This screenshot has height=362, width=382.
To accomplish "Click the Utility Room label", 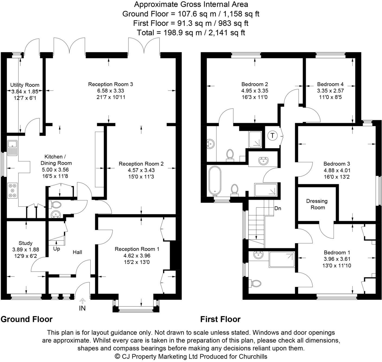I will [x=25, y=85].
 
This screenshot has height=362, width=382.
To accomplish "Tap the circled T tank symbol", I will [x=272, y=135].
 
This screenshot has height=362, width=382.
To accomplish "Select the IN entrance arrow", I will [x=82, y=301].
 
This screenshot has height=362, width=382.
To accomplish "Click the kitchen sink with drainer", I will [x=12, y=148].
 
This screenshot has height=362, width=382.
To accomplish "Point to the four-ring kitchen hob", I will [x=12, y=191].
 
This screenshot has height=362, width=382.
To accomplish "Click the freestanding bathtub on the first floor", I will [x=215, y=181].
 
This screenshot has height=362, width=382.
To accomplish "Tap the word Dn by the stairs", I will [x=278, y=208].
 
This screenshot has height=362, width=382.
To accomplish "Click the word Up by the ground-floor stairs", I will [x=56, y=249].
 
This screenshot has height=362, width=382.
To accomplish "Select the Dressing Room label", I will [x=317, y=204].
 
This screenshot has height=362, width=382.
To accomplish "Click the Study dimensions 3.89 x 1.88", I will [x=26, y=250].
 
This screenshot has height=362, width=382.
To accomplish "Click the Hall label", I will [x=77, y=252].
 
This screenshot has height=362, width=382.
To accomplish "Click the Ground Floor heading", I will [x=27, y=319].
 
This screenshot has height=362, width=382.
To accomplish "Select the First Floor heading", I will [x=220, y=319].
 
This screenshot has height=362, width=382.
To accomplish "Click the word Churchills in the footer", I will [x=253, y=356].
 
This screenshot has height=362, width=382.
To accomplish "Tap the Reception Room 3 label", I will [x=110, y=84].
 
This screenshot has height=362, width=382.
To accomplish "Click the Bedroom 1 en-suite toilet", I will [x=256, y=284].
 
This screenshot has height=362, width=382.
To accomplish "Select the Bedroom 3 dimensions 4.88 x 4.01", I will [x=336, y=170].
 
